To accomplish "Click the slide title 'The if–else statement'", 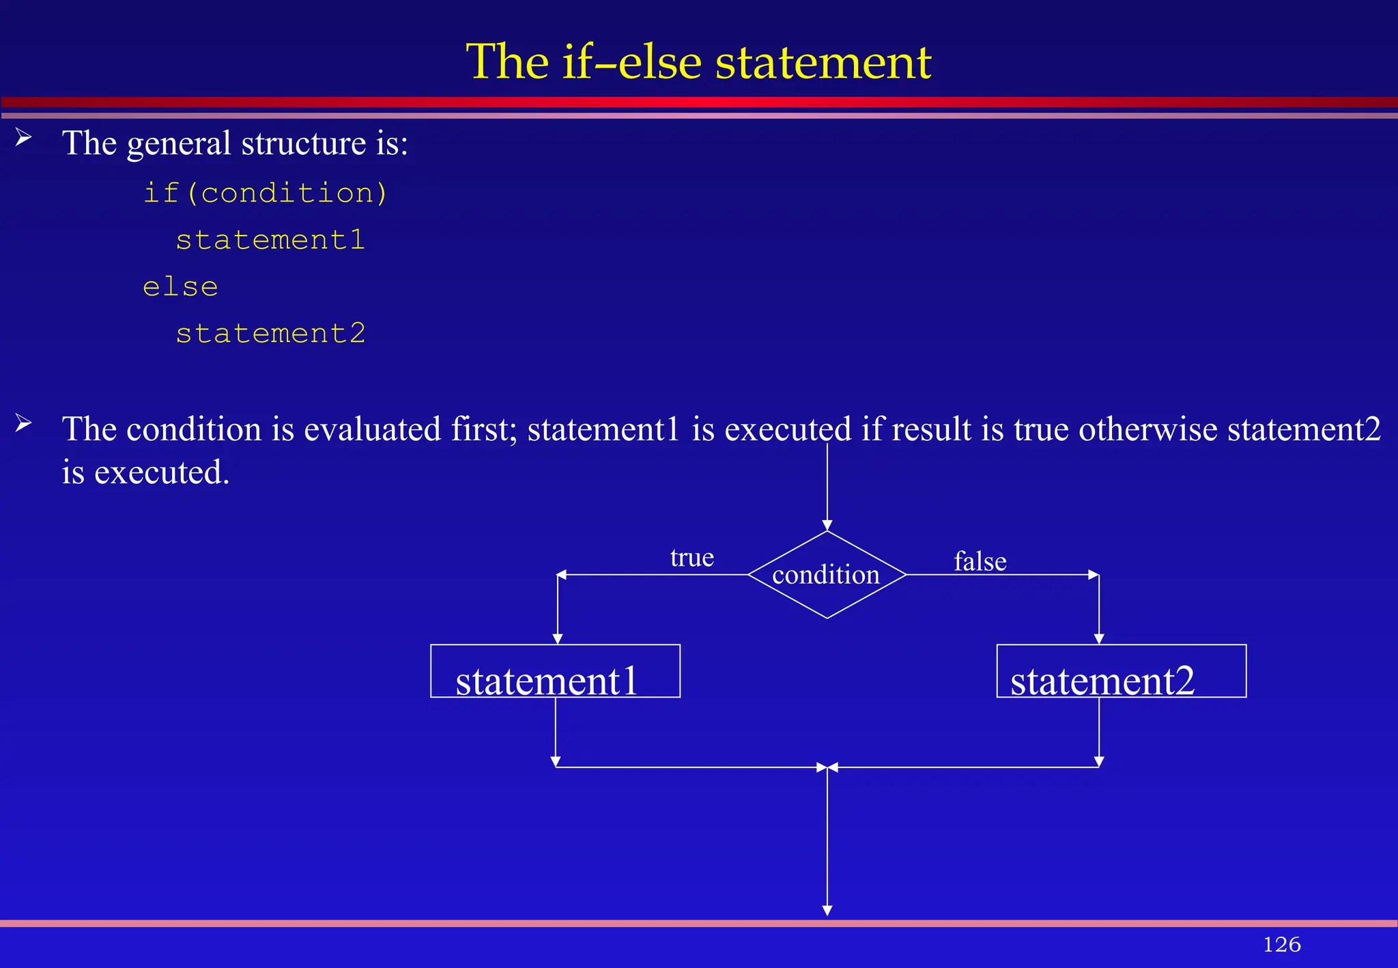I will pos(698,61).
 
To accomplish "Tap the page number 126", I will pos(1281,944).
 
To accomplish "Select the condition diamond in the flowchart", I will pos(827,575).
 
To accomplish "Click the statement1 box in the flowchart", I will pos(555,671).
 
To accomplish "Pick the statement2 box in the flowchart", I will pos(1121,671).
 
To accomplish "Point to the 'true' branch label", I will pos(691,558).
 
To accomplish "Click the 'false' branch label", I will pos(980,562).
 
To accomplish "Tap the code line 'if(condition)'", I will pos(265,193).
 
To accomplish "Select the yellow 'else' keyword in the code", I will pos(180,287).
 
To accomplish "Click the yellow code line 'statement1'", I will pos(270,240).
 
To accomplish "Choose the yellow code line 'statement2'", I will pos(270,334).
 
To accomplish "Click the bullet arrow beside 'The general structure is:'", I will pos(23,138).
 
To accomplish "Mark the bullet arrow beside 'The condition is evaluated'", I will pos(23,424).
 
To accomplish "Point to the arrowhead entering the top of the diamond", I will pos(827,526).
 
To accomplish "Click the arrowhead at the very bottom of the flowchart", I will pos(827,911).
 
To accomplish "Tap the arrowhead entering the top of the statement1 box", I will pos(558,639).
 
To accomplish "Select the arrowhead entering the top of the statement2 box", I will pos(1099,639).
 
